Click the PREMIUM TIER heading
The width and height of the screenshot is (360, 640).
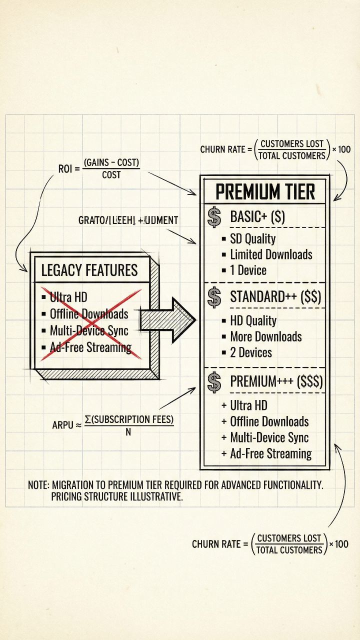(x=265, y=191)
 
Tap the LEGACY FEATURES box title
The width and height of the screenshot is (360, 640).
(x=89, y=270)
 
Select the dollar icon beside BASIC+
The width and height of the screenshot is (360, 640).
(x=214, y=217)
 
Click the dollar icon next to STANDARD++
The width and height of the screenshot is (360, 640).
(x=214, y=297)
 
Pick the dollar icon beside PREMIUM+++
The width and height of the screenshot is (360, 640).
(x=214, y=382)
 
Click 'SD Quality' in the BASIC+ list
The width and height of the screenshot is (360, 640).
(x=252, y=238)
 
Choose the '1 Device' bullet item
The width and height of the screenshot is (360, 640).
(x=248, y=270)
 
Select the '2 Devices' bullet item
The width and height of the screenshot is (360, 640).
(x=251, y=352)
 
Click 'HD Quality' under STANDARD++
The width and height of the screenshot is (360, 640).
(x=253, y=321)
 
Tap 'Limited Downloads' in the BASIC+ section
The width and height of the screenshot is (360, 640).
(x=271, y=254)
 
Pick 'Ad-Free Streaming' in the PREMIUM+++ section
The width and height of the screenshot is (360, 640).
(x=270, y=454)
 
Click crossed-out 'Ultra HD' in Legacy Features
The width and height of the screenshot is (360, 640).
(x=68, y=298)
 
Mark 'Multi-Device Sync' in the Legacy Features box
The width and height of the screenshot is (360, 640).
(x=89, y=331)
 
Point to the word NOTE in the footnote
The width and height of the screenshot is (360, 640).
(x=38, y=485)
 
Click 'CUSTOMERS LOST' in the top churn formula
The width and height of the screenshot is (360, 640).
(x=292, y=144)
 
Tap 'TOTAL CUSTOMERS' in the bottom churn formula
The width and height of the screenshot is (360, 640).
(x=289, y=550)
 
